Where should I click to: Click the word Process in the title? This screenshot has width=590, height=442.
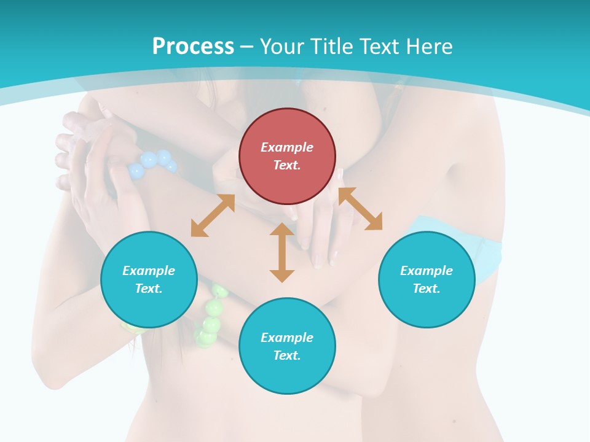[193, 47]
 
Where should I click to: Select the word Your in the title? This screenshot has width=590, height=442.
[281, 47]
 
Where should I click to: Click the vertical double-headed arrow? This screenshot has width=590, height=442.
[282, 252]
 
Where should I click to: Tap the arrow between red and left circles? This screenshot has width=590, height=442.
[213, 215]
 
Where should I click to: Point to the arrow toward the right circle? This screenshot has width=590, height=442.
[360, 209]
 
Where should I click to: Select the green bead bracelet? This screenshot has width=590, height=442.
[210, 316]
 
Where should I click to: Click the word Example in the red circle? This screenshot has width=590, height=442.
[287, 147]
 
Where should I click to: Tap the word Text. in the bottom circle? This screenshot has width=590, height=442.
[287, 355]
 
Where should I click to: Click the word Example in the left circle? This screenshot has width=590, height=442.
[149, 271]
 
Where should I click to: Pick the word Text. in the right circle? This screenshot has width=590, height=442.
[426, 289]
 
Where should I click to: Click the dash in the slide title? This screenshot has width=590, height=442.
[247, 47]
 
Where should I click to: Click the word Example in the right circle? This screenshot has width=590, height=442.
[426, 271]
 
